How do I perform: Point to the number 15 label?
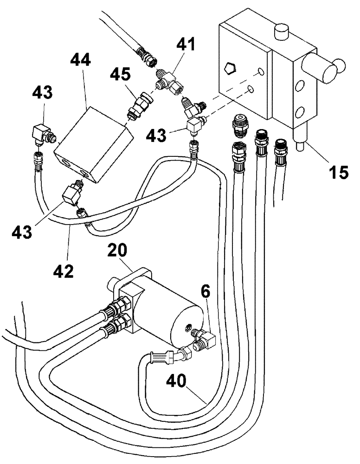click(339, 172)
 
